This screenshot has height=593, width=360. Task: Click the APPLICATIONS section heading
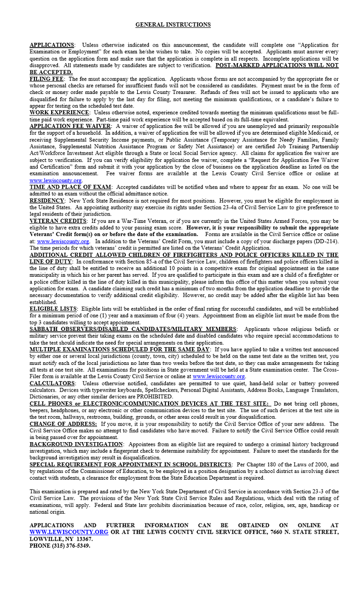click(x=51, y=45)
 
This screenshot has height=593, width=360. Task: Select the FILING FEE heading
click(x=46, y=79)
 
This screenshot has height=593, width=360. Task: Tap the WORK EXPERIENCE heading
click(x=59, y=112)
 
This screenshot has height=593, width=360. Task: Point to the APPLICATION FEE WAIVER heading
click(x=70, y=126)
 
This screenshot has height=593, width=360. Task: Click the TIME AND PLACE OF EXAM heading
click(x=70, y=187)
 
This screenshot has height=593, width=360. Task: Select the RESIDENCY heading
click(x=47, y=200)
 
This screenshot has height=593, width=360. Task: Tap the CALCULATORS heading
click(x=52, y=384)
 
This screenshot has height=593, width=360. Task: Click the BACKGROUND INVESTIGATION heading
click(x=76, y=444)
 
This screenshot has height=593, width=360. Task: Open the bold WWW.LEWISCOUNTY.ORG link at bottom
click(x=68, y=532)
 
